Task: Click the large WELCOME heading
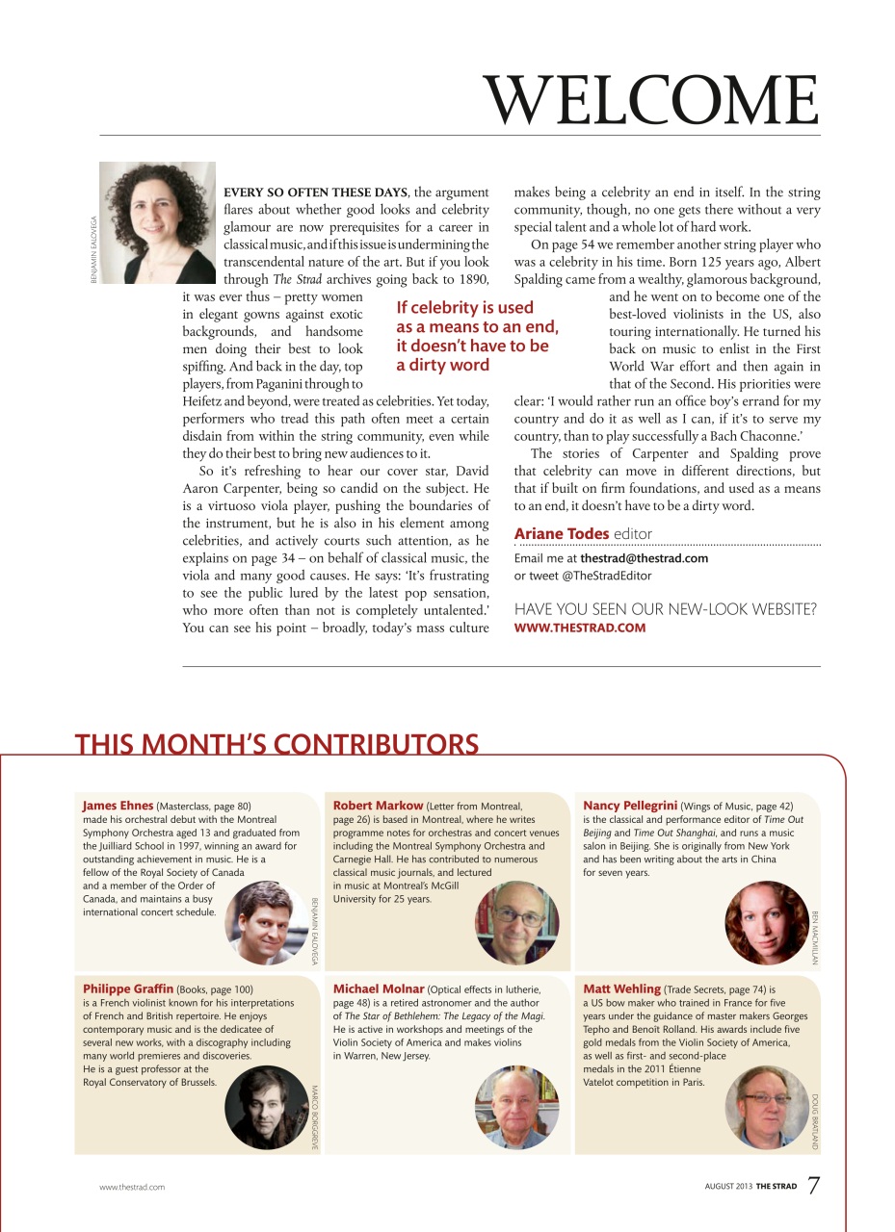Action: [x=652, y=100]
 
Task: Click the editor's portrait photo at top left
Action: [x=157, y=222]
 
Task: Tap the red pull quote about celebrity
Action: [x=476, y=336]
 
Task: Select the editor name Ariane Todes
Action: [x=561, y=533]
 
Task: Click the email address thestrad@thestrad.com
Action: [x=644, y=558]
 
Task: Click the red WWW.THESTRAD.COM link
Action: [x=579, y=628]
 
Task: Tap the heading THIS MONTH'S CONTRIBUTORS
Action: [x=276, y=745]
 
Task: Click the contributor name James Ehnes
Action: [x=118, y=805]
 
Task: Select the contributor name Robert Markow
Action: [x=378, y=805]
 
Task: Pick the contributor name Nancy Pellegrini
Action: [x=630, y=805]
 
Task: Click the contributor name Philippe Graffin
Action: [x=128, y=988]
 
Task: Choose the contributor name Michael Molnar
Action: [x=379, y=988]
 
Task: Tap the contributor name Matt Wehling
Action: [x=621, y=988]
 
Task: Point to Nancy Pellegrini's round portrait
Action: [x=767, y=923]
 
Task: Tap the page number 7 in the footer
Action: [x=813, y=1185]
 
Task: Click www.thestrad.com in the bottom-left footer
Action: [x=132, y=1187]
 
